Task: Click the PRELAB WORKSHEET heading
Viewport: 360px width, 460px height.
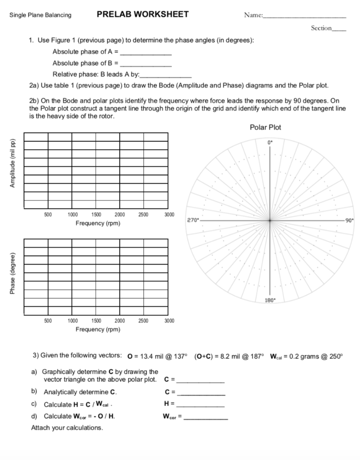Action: [143, 14]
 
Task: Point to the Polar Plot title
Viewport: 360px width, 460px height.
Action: [265, 128]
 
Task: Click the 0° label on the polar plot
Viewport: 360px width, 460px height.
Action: [270, 142]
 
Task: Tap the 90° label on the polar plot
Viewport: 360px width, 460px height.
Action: [349, 221]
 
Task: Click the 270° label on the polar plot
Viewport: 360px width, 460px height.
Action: [191, 221]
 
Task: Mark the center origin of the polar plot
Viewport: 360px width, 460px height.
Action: [270, 221]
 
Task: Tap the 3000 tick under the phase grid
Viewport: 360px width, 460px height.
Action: [169, 321]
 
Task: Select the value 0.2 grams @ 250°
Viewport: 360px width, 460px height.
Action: [313, 356]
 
